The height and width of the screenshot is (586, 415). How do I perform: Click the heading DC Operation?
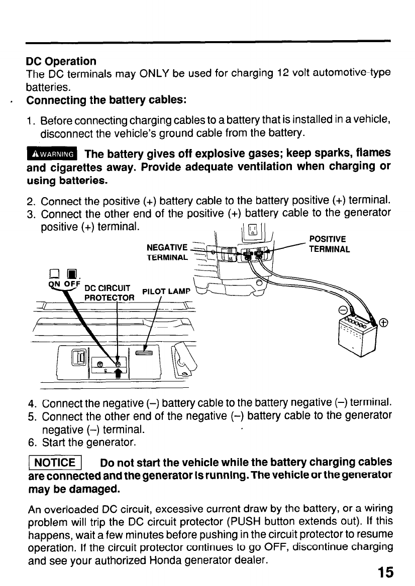pyautogui.click(x=61, y=62)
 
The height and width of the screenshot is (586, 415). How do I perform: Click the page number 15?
pyautogui.click(x=383, y=572)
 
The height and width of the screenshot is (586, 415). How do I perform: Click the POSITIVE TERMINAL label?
pyautogui.click(x=329, y=244)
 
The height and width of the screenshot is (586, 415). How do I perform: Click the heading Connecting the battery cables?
pyautogui.click(x=107, y=99)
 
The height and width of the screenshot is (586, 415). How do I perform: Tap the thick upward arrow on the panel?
pyautogui.click(x=120, y=374)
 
